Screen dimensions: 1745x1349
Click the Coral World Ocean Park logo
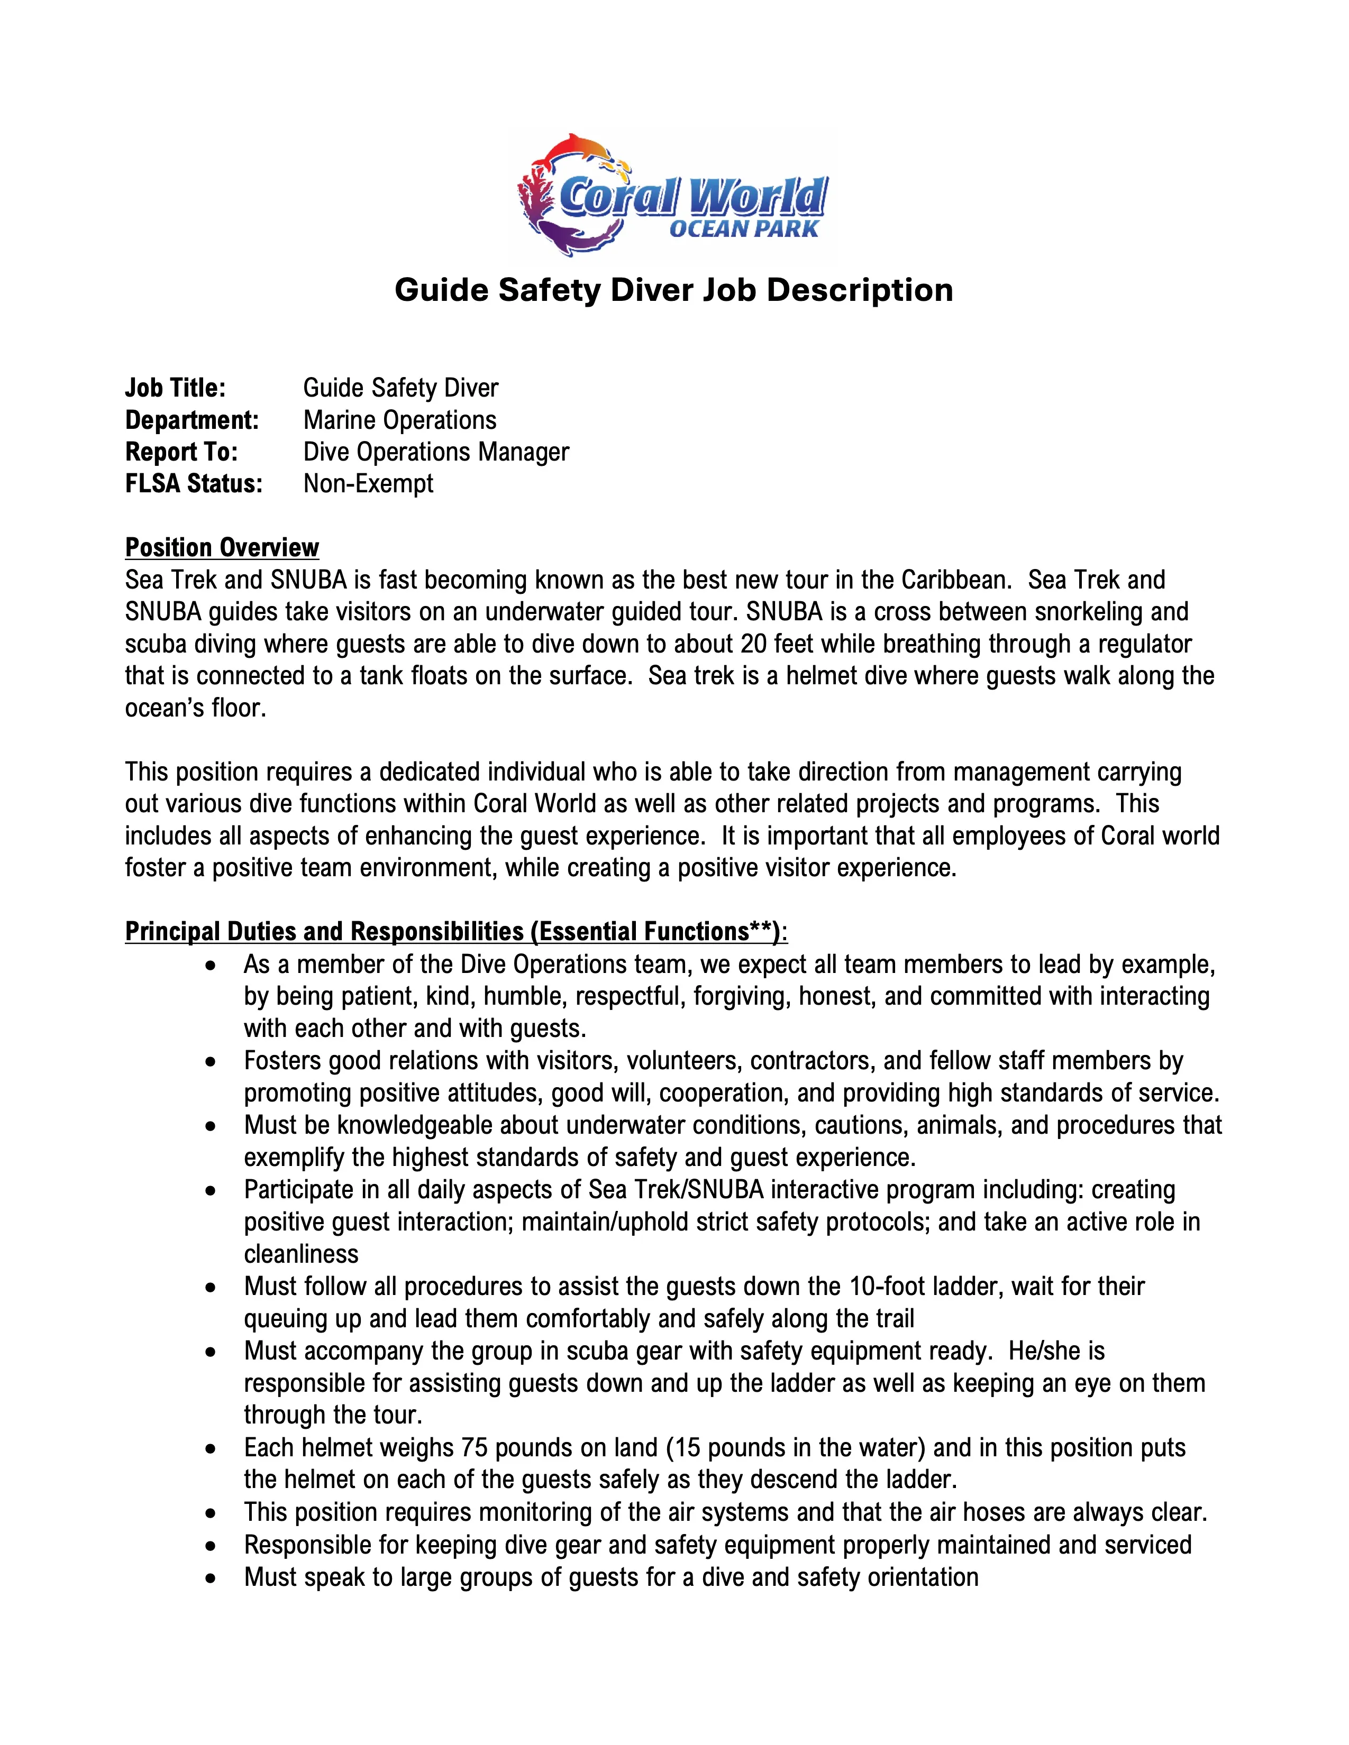point(673,196)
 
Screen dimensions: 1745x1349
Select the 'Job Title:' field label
point(176,388)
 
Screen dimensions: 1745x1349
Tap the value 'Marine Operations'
point(399,420)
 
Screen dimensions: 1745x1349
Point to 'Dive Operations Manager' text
point(435,452)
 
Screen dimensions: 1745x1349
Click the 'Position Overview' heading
point(222,548)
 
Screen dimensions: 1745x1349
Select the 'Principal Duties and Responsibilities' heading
point(455,932)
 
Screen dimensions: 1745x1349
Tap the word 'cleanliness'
point(302,1254)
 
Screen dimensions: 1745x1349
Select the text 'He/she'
point(1056,1351)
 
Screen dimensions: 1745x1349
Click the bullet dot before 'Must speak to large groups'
point(210,1578)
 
